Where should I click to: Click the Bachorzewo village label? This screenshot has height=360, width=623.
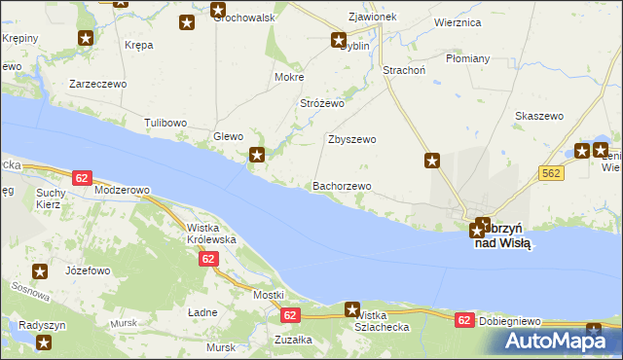click(341, 186)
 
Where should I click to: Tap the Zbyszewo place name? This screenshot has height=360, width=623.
click(350, 139)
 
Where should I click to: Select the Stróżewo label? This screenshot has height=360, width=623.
click(322, 102)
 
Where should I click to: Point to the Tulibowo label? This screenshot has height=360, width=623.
click(165, 122)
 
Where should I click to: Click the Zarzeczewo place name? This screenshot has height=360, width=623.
click(97, 84)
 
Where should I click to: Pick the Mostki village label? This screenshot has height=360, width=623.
click(268, 295)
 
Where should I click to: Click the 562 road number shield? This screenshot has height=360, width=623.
click(552, 172)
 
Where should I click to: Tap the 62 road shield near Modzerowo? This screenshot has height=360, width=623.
click(82, 177)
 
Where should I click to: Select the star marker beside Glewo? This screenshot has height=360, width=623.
click(257, 154)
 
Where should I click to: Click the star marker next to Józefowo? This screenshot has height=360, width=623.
click(40, 272)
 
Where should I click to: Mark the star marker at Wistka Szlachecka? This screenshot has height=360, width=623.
click(351, 309)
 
